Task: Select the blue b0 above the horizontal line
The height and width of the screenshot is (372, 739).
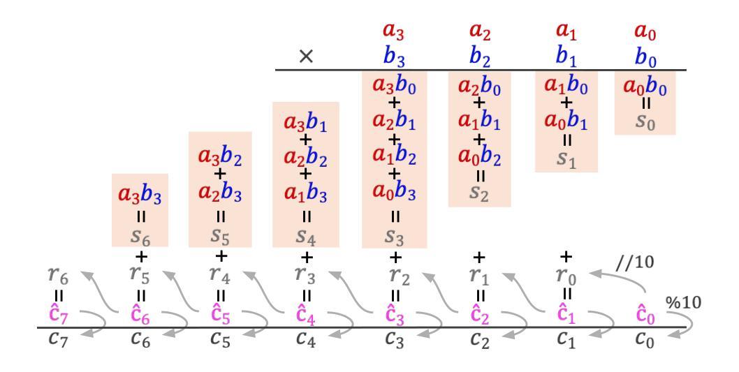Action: [645, 56]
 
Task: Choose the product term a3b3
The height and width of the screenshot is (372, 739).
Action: [140, 197]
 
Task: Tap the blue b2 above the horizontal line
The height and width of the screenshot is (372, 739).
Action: [479, 56]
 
